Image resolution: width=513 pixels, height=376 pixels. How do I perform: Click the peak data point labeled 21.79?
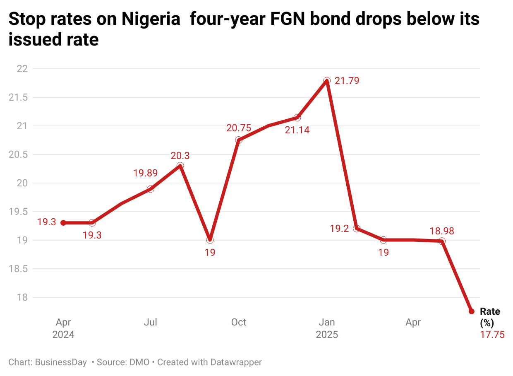tap(327, 80)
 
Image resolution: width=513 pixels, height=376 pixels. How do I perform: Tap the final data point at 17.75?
tap(471, 311)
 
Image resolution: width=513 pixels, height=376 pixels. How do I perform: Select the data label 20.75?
tap(239, 128)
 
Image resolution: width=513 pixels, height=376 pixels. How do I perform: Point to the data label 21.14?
tap(297, 130)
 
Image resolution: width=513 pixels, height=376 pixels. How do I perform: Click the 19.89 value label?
tap(145, 174)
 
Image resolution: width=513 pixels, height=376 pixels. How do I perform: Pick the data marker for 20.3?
tap(180, 166)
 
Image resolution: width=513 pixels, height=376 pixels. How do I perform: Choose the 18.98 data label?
tap(442, 231)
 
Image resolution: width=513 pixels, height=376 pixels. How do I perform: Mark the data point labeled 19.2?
tap(356, 229)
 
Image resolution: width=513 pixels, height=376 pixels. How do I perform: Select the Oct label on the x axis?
tap(239, 322)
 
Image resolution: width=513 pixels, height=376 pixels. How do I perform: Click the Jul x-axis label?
tap(151, 322)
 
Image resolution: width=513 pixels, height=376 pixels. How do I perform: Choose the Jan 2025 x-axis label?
tap(327, 328)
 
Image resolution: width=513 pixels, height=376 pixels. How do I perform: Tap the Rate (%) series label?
tap(490, 317)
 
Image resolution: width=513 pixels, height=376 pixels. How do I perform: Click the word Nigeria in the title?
tap(151, 19)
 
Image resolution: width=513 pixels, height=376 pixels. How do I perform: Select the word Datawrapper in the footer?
tap(236, 362)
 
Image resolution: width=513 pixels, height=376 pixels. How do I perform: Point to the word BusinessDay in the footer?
tap(61, 362)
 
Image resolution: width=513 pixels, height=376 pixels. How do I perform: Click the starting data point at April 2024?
tap(63, 223)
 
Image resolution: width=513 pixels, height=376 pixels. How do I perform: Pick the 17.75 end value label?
tap(492, 335)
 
